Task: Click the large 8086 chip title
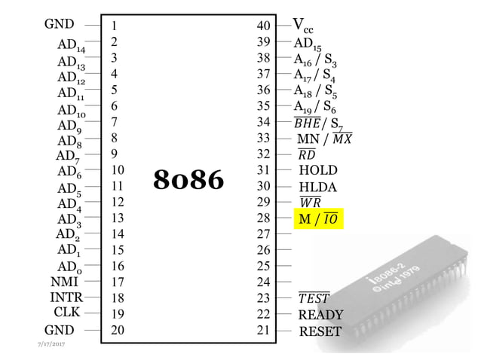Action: click(x=188, y=179)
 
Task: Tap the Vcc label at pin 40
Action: click(x=304, y=26)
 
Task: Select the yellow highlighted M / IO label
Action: click(x=317, y=218)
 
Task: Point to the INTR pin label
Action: click(x=66, y=297)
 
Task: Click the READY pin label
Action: click(x=320, y=315)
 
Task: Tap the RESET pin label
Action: click(x=320, y=331)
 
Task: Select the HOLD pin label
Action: click(x=318, y=170)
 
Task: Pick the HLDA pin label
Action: click(x=318, y=187)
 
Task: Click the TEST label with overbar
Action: click(x=314, y=298)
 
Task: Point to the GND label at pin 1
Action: click(x=60, y=25)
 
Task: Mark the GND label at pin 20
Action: click(x=60, y=330)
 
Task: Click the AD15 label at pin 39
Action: click(x=307, y=44)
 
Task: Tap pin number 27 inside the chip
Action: click(x=263, y=234)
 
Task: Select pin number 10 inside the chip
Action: click(x=118, y=170)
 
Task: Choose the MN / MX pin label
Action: click(x=324, y=139)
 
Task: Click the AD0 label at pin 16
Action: click(x=69, y=267)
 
